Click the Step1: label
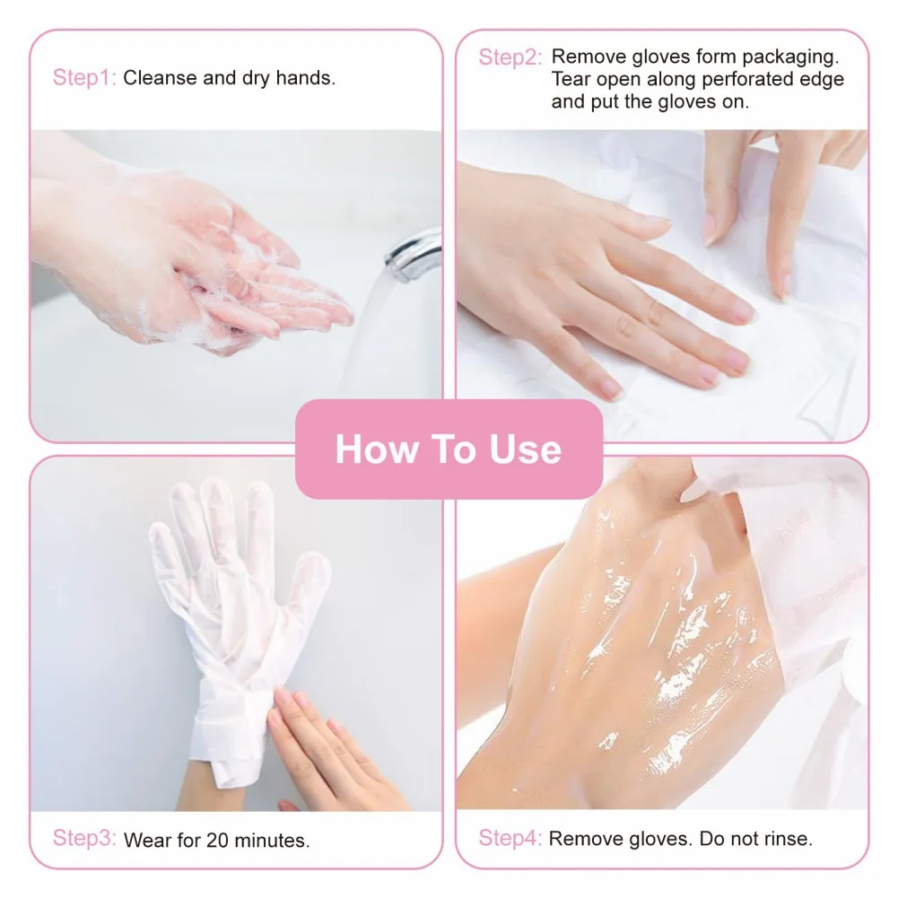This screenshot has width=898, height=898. pyautogui.click(x=84, y=77)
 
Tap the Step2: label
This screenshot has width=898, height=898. pyautogui.click(x=510, y=57)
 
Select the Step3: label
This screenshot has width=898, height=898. pyautogui.click(x=84, y=839)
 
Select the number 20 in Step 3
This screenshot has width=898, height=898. pyautogui.click(x=216, y=841)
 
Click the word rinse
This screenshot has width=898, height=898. pyautogui.click(x=787, y=840)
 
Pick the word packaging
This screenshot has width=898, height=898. pyautogui.click(x=795, y=57)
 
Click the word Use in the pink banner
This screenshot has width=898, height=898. pyautogui.click(x=526, y=449)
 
